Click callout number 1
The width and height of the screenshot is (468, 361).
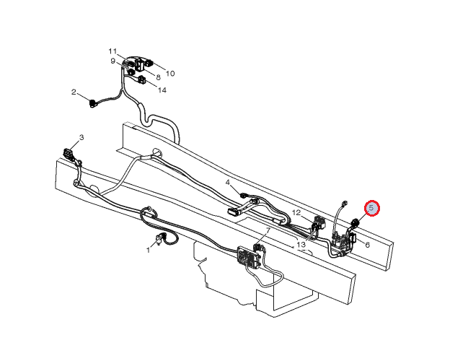148,250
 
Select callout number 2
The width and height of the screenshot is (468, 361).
74,92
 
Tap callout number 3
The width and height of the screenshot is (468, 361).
81,137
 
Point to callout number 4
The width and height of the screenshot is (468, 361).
228,182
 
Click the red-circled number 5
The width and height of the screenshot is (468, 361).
371,208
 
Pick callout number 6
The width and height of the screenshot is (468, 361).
368,245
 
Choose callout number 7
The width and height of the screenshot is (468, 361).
268,230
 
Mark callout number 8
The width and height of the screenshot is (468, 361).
158,77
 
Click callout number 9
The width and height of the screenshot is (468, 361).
112,61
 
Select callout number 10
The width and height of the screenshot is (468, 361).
170,74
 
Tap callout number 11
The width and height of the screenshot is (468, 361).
112,51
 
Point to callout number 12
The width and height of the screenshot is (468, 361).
296,213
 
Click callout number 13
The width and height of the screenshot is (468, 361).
301,245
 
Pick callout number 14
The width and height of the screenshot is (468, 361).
162,90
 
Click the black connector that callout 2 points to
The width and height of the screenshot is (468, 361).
93,104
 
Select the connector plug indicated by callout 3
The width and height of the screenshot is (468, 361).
67,153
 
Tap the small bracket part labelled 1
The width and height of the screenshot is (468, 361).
159,239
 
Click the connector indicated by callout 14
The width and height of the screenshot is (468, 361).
142,79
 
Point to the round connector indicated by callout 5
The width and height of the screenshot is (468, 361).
355,222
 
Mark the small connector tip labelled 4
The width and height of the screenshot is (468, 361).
243,196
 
